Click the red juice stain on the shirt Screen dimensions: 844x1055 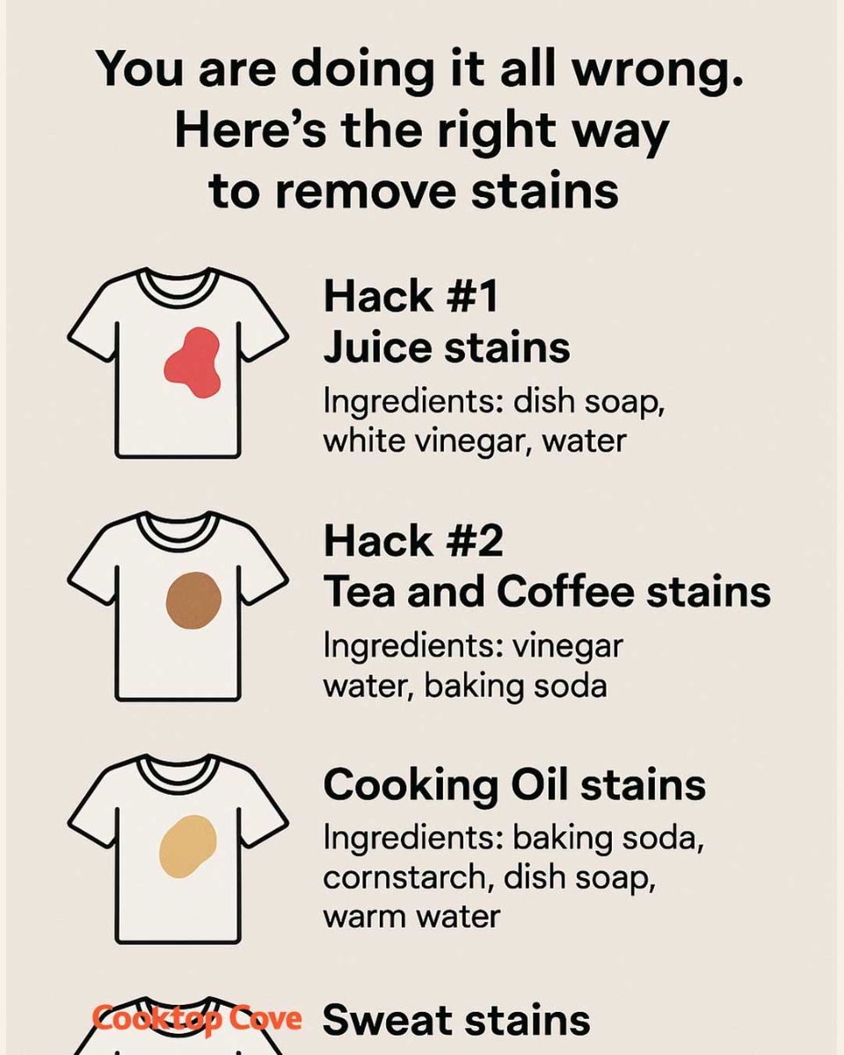point(193,362)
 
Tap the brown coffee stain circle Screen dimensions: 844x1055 point(193,600)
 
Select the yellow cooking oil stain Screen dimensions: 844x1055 point(188,846)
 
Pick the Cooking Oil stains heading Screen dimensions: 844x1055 point(514,784)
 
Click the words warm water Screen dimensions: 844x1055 point(411,916)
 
